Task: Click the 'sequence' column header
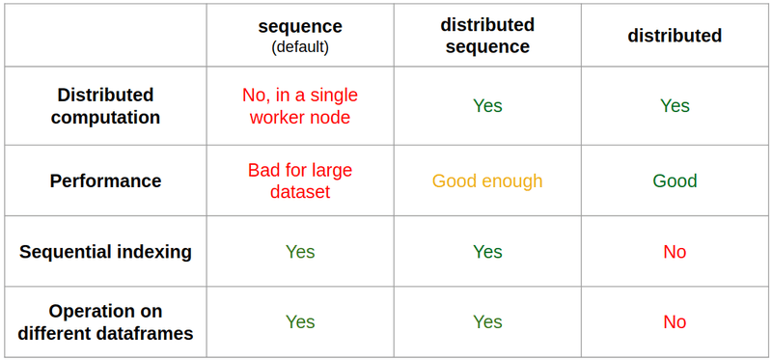tap(300, 26)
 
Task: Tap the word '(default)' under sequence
tap(300, 46)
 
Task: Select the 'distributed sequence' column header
tap(487, 36)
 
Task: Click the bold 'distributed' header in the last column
tap(675, 36)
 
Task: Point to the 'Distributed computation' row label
tap(105, 106)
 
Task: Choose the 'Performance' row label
tap(105, 180)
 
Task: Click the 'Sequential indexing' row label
tap(105, 252)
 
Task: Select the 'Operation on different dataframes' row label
tap(105, 322)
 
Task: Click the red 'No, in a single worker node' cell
tap(300, 106)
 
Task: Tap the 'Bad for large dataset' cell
tap(300, 180)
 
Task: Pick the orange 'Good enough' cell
tap(487, 180)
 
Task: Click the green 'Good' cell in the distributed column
tap(675, 180)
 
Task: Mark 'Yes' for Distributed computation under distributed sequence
tap(487, 106)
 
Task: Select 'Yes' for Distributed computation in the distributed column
tap(675, 106)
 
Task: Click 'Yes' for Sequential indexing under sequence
tap(300, 252)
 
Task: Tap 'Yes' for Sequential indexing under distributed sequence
tap(487, 252)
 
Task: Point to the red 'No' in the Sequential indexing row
tap(675, 252)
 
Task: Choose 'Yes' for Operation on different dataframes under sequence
tap(300, 322)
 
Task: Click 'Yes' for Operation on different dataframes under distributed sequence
tap(487, 322)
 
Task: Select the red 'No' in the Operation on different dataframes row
tap(675, 322)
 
